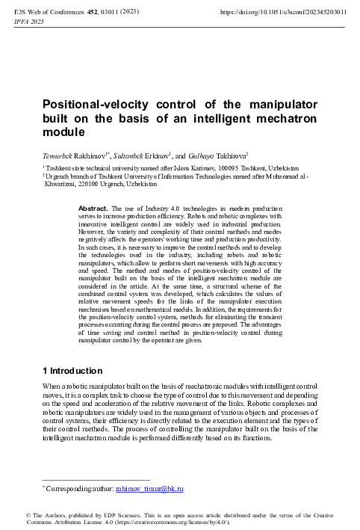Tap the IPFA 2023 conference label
[27, 22]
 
